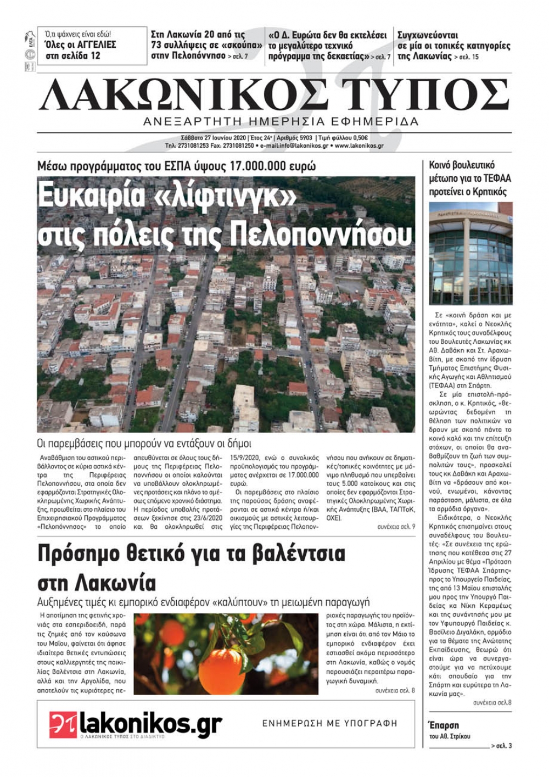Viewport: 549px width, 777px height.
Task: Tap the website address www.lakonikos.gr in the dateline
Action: (x=359, y=146)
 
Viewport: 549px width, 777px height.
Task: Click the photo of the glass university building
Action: (x=470, y=253)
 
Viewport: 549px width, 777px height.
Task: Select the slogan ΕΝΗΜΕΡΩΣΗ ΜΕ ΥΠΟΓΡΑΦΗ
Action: (x=329, y=724)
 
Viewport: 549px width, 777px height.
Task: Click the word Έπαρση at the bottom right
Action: (x=442, y=725)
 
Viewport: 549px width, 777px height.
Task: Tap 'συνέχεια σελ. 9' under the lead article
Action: (x=396, y=527)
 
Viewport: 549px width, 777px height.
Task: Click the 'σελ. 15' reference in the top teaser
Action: (x=468, y=57)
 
